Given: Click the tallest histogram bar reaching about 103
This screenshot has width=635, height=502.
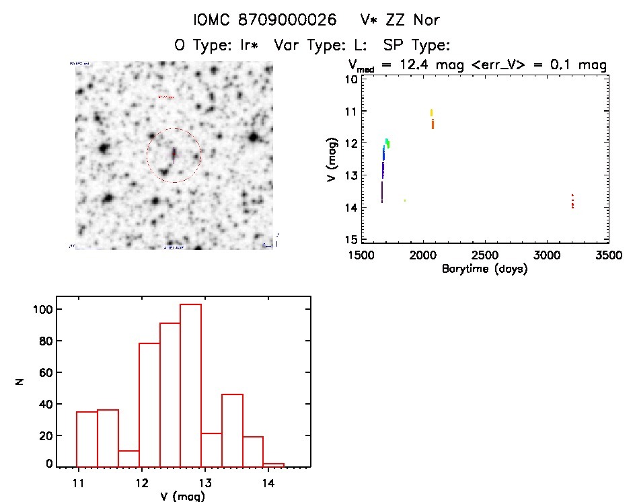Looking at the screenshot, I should [190, 384].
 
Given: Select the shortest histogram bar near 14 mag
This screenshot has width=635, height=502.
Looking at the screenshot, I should [273, 464].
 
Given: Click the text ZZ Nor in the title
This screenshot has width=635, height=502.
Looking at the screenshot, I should [414, 20].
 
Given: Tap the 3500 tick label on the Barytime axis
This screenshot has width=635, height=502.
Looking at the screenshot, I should [608, 256].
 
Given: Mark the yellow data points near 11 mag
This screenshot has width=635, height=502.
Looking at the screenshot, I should [431, 112].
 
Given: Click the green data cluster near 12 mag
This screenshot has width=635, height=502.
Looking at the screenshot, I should [387, 143].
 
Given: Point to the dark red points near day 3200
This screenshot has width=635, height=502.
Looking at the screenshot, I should [572, 202].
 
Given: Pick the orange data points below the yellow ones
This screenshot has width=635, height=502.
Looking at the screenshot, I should [433, 124].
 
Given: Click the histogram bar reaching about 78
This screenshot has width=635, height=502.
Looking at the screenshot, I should [149, 403].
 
